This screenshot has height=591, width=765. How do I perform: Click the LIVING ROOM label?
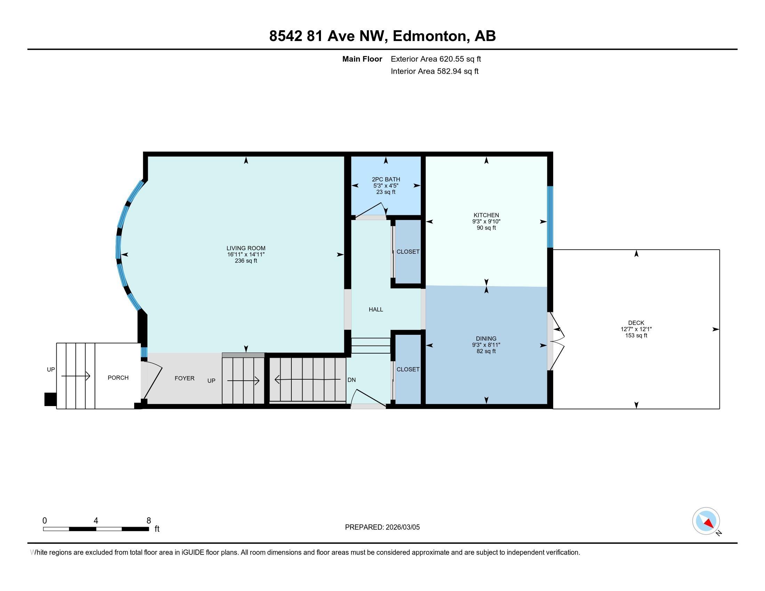246,248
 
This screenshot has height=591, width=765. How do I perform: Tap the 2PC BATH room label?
386,179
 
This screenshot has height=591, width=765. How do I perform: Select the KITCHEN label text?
486,215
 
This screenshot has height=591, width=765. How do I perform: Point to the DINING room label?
486,339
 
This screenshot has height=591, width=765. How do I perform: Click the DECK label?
636,323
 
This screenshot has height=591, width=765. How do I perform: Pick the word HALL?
376,309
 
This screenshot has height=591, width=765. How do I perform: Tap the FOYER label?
185,378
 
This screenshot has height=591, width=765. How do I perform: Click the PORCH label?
118,378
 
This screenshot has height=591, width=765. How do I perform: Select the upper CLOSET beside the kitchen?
408,252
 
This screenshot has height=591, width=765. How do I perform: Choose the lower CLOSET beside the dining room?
408,369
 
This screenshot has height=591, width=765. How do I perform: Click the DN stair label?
352,380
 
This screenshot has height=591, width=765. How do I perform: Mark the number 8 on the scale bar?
148,520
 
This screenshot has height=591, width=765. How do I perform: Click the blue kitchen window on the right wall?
550,217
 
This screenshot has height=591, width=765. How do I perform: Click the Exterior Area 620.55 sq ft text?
436,59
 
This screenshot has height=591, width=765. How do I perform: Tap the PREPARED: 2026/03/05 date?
382,527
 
